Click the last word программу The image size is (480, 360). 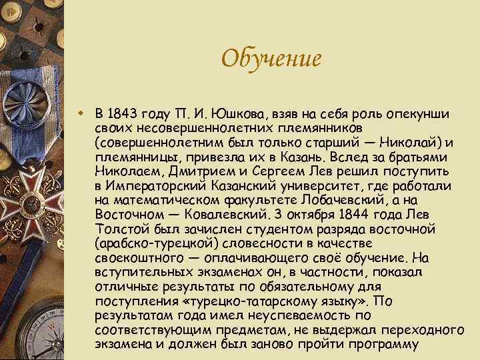(378, 345)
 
